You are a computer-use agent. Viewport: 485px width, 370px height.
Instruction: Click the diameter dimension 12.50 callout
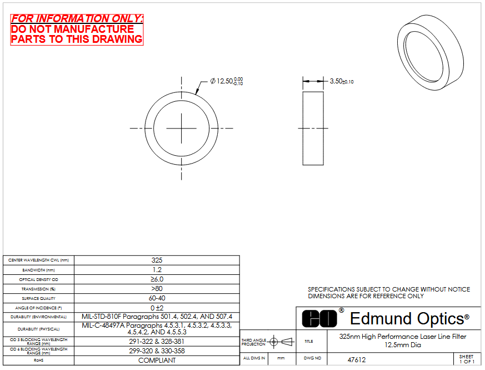(227, 81)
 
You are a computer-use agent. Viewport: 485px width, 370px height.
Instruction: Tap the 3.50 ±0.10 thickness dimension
(342, 81)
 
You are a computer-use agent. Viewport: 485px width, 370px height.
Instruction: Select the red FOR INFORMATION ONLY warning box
(77, 29)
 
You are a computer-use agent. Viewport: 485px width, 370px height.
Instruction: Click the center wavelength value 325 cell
(157, 260)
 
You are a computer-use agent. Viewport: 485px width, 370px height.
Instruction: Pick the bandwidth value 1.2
(157, 270)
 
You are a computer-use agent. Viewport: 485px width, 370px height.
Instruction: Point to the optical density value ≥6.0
(157, 279)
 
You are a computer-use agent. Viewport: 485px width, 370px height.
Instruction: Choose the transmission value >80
(157, 289)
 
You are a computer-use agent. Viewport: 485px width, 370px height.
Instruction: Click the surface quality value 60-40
(157, 298)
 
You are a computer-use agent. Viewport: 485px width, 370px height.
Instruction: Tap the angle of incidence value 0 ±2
(157, 308)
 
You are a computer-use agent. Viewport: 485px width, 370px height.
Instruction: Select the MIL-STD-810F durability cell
(157, 317)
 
